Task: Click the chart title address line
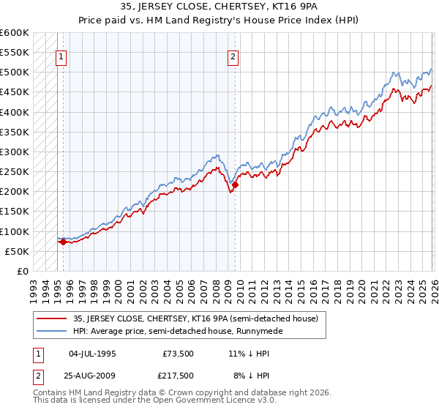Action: (219, 6)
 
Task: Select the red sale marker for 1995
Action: (63, 242)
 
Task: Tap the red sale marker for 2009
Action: (235, 184)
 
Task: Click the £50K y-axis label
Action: (17, 251)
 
